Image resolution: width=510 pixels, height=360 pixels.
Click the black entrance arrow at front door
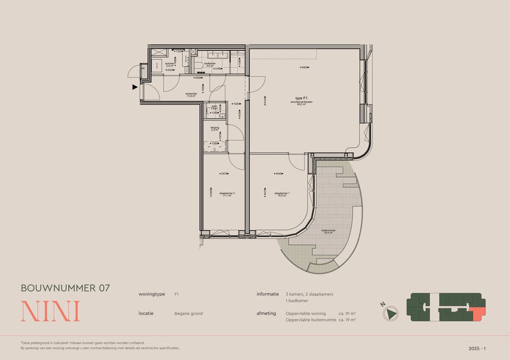pyautogui.click(x=135, y=87)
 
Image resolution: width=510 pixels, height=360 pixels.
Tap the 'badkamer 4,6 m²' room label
pyautogui.click(x=210, y=65)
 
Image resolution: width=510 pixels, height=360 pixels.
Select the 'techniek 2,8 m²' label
pyautogui.click(x=170, y=65)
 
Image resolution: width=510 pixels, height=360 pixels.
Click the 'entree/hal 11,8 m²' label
pyautogui.click(x=191, y=94)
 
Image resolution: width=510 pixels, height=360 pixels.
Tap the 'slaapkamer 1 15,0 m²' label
pyautogui.click(x=282, y=194)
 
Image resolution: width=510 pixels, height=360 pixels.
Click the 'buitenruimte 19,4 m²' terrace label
pyautogui.click(x=328, y=232)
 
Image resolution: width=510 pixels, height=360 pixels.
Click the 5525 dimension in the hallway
pyautogui.click(x=199, y=78)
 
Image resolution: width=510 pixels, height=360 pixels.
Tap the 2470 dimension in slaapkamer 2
pyautogui.click(x=224, y=174)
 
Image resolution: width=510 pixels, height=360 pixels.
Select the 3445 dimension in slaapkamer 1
pyautogui.click(x=279, y=174)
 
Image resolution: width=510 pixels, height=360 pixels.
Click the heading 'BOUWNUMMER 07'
pyautogui.click(x=65, y=288)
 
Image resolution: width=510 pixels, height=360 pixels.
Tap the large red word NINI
pyautogui.click(x=51, y=311)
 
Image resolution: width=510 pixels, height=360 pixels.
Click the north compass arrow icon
pyautogui.click(x=391, y=313)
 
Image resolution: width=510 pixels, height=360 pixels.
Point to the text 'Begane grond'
pyautogui.click(x=188, y=313)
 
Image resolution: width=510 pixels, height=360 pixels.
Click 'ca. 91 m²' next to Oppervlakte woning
pyautogui.click(x=347, y=313)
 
